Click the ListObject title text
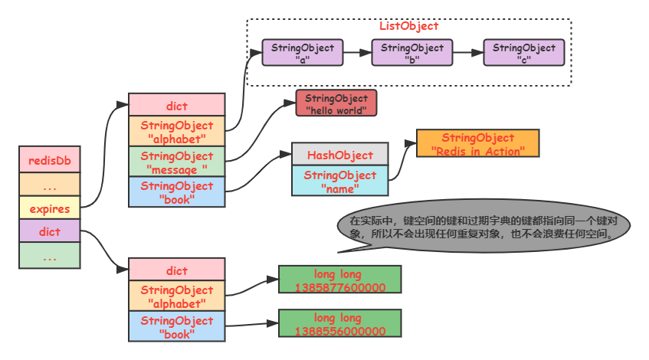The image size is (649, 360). pos(408,26)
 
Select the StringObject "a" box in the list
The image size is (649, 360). pos(303,53)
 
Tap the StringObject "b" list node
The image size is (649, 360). pos(412,53)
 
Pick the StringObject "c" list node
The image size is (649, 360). pos(524,53)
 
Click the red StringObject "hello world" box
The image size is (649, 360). pos(336,104)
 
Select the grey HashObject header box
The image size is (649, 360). pos(339,155)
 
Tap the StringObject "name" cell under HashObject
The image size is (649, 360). pos(339,181)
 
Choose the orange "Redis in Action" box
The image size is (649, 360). pos(477,144)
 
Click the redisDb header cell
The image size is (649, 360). pos(50,161)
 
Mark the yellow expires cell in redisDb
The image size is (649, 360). pos(50,208)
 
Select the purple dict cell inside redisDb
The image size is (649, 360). pos(50,231)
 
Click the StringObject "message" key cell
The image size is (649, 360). pos(176,162)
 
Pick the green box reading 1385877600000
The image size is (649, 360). pos(339,280)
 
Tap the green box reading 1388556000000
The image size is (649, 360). pos(339,324)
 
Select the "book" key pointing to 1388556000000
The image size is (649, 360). pos(176,326)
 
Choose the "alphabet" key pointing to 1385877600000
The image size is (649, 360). pos(176,296)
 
